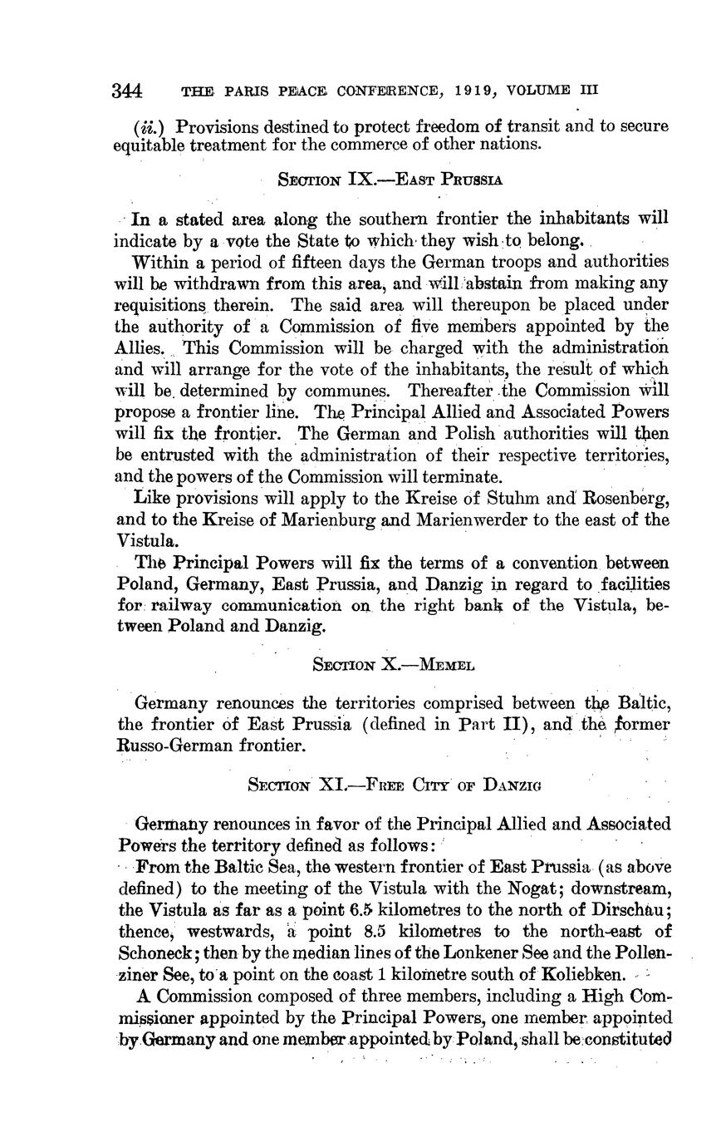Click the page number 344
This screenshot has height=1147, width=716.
128,90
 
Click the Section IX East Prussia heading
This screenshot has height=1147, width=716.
390,180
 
